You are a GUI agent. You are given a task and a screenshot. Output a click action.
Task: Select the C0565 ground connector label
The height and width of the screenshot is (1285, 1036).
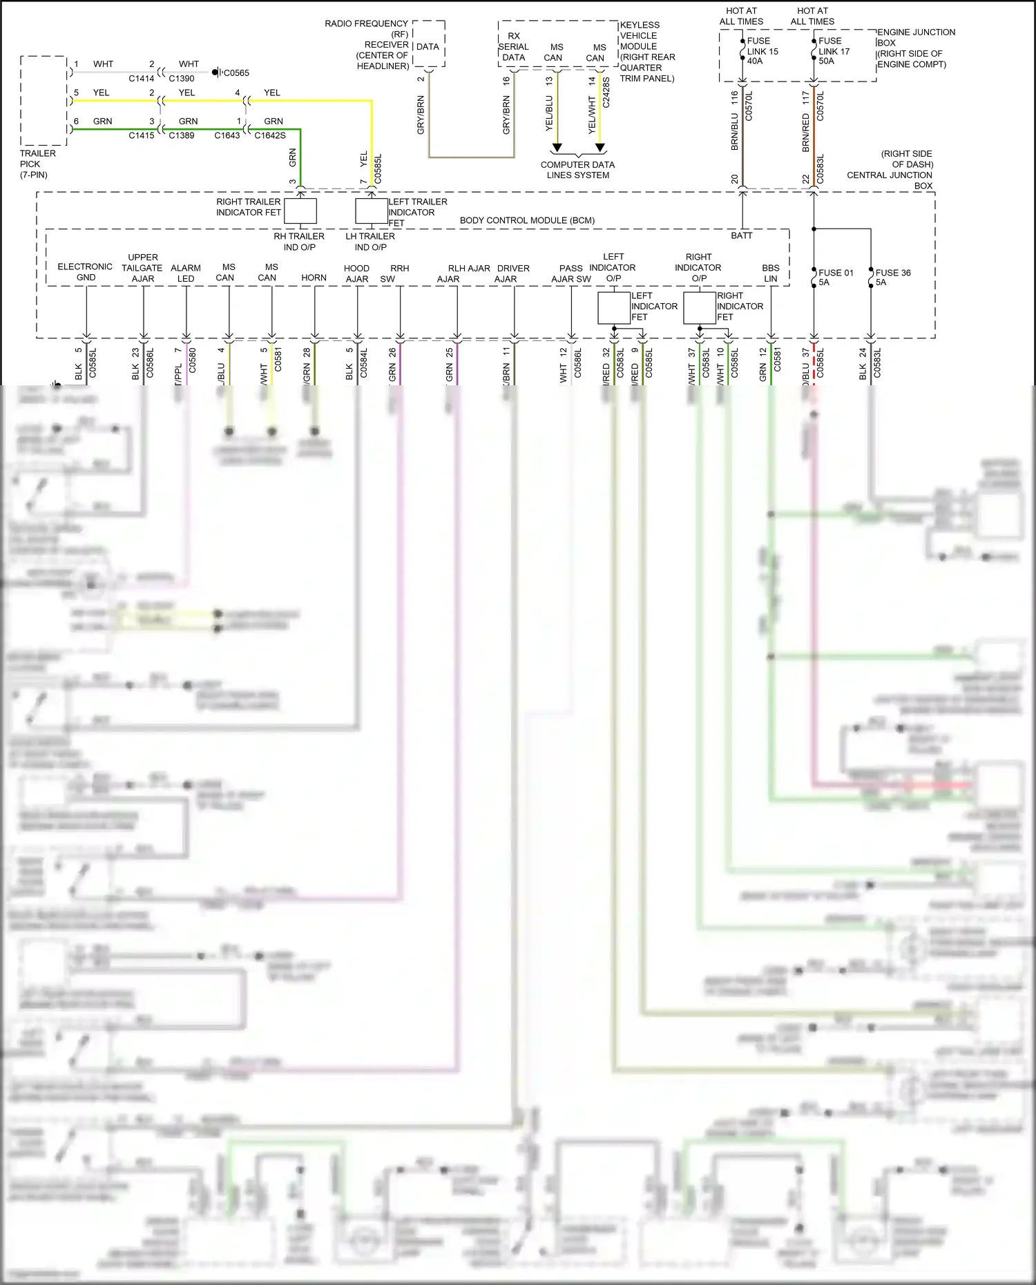(236, 73)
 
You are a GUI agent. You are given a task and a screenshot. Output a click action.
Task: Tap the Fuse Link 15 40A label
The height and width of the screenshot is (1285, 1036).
(762, 51)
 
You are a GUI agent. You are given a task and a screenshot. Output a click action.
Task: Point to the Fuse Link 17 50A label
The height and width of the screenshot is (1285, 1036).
(834, 51)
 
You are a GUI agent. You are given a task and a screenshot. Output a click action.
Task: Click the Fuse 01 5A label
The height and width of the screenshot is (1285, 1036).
(836, 278)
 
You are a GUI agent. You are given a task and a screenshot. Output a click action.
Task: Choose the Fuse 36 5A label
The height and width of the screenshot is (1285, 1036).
(892, 278)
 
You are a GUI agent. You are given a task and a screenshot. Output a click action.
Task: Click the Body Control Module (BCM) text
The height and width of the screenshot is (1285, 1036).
(527, 220)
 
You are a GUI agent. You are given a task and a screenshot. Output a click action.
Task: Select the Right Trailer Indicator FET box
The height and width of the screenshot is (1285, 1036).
(300, 211)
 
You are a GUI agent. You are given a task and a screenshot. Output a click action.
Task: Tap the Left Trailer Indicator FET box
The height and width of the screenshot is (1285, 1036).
(371, 211)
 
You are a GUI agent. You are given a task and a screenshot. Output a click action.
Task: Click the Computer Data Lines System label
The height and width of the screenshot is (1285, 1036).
(577, 170)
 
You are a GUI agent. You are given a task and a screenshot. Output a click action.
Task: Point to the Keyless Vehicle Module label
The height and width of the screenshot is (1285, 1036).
(646, 52)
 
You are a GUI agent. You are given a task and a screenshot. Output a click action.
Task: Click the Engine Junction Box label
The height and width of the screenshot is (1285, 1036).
(916, 48)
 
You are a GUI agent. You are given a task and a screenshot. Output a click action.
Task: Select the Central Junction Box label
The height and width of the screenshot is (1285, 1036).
(890, 170)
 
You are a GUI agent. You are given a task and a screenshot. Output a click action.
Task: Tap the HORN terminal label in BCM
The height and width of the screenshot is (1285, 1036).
(314, 278)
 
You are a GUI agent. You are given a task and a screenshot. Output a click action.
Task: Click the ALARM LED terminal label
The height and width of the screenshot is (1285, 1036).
(186, 273)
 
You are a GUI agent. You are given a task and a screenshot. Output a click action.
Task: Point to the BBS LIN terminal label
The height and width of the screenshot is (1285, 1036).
(771, 273)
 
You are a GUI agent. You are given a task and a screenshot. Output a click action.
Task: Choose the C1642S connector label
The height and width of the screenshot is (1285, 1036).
(269, 135)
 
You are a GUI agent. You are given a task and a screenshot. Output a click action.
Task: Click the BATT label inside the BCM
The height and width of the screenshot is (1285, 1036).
(742, 235)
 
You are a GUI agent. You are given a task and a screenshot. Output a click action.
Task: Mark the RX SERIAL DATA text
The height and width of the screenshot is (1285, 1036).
(513, 47)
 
